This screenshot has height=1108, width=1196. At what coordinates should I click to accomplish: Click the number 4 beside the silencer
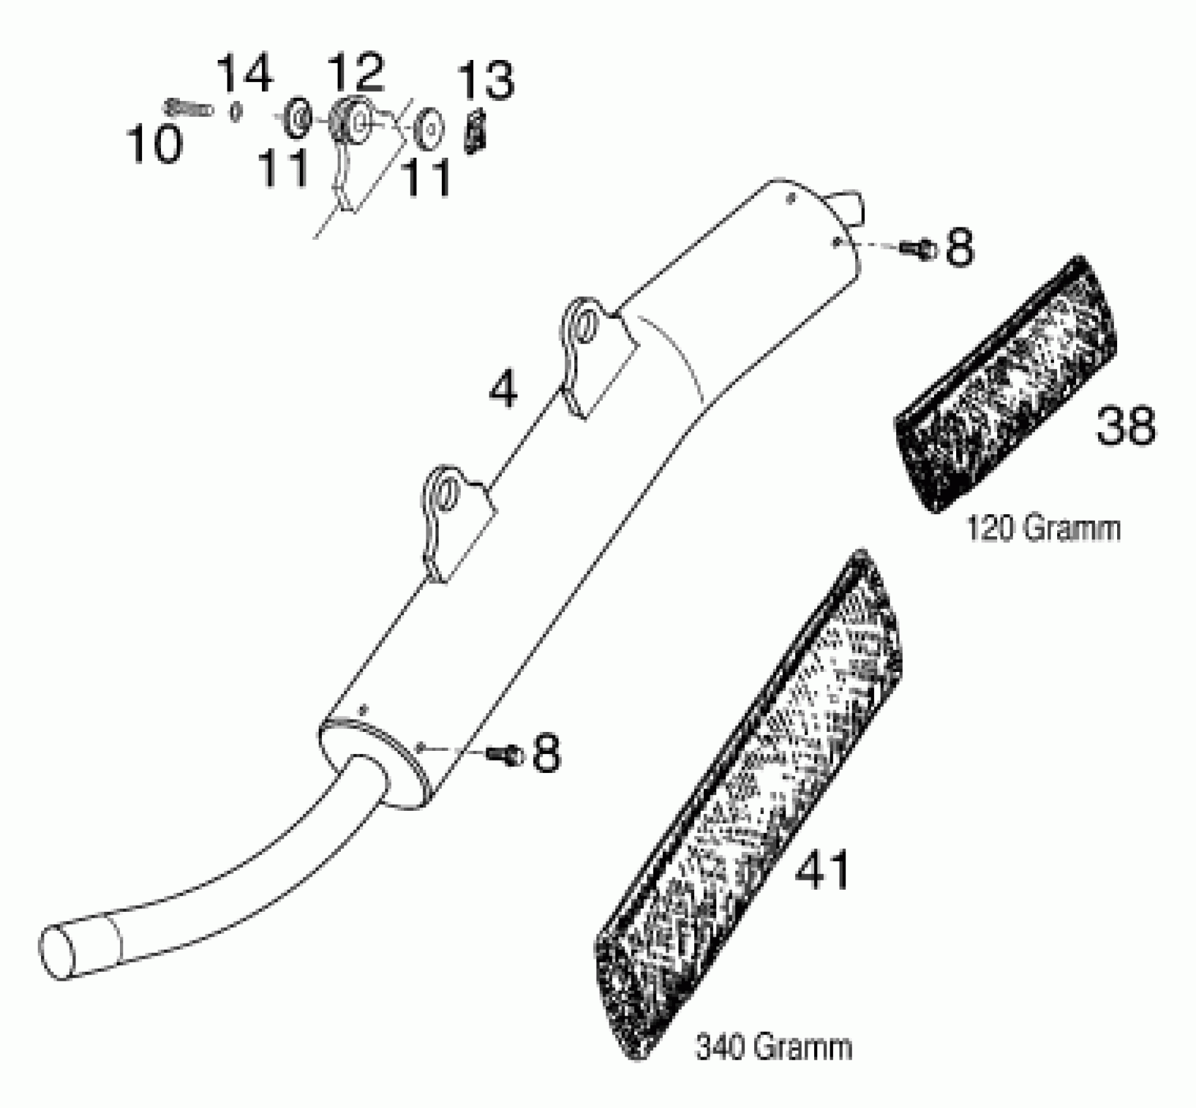(503, 390)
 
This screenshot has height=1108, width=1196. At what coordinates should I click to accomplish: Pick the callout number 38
(1125, 426)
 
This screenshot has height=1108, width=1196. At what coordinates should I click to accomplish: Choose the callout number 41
(822, 869)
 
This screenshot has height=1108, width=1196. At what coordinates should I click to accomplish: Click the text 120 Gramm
(1042, 529)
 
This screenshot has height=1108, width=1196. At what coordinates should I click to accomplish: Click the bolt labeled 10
(188, 109)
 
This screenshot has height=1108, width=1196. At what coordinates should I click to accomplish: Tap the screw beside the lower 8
(505, 754)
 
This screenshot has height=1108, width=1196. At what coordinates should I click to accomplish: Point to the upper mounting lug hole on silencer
(584, 324)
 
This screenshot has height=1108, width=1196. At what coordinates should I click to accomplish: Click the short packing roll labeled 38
(1007, 383)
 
